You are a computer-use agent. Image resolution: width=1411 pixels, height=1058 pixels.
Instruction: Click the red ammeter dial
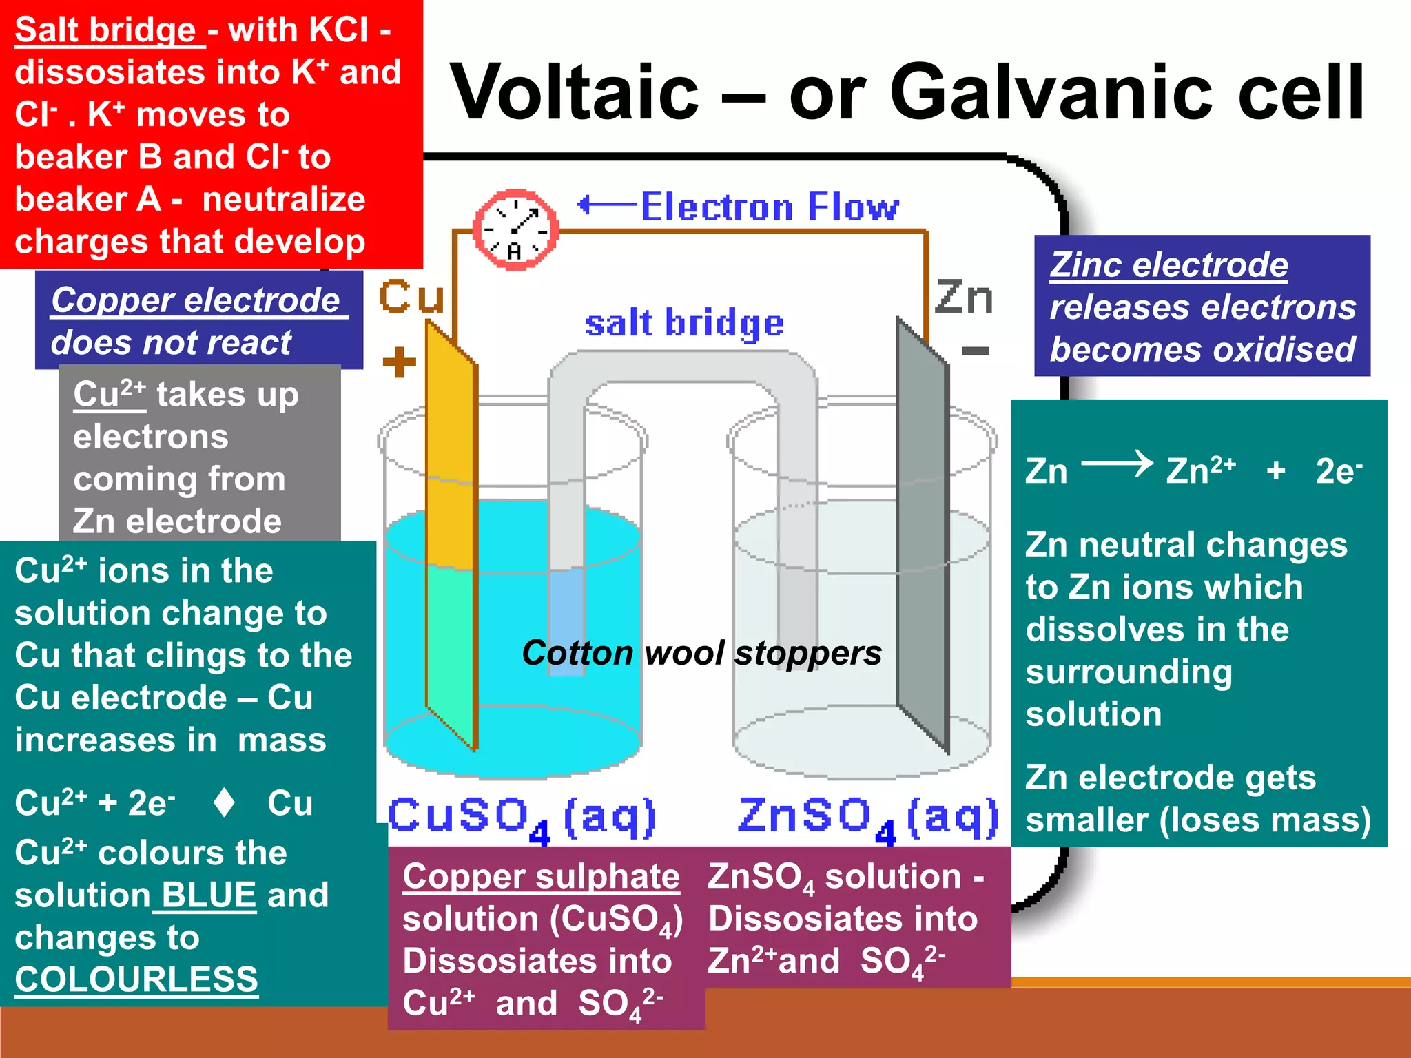[515, 229]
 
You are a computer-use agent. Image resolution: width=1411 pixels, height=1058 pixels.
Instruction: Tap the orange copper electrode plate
[451, 537]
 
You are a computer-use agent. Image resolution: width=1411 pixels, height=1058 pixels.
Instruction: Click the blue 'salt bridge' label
[684, 324]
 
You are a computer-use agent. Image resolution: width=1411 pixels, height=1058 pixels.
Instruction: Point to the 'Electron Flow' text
[770, 207]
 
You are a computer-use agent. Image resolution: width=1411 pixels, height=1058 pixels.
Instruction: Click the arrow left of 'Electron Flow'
[605, 205]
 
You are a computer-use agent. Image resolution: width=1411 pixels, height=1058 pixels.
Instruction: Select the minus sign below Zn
[975, 351]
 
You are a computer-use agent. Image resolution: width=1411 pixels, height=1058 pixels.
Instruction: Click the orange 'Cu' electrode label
[411, 298]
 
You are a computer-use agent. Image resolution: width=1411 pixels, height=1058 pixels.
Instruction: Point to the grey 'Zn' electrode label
[964, 298]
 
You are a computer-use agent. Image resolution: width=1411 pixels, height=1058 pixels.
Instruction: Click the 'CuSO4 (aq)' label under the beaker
[522, 818]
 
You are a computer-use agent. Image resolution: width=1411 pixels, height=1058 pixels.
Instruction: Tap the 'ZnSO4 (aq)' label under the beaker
[867, 818]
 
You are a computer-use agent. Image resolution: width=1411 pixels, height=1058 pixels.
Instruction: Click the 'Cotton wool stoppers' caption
[701, 653]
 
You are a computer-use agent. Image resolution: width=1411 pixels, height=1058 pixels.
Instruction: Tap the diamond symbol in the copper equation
[224, 803]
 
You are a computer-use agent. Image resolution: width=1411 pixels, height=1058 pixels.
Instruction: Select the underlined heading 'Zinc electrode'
[1168, 265]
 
